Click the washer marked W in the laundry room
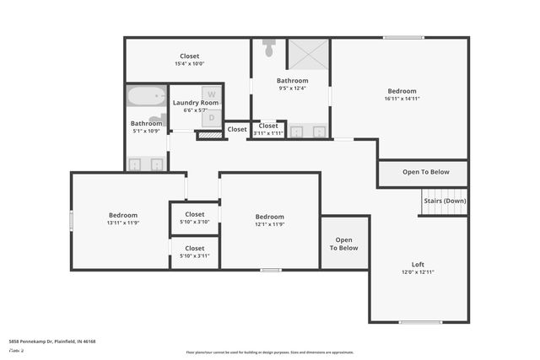(x=212, y=94)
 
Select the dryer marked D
(x=212, y=118)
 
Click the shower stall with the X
(x=308, y=55)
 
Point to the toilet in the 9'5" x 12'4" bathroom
(x=269, y=48)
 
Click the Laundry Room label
(x=196, y=103)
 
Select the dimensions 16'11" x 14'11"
(x=402, y=99)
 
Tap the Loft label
(x=418, y=264)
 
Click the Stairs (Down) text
(x=444, y=201)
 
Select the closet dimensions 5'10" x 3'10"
(x=194, y=222)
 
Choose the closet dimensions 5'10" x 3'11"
(x=194, y=256)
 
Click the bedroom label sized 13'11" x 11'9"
(x=122, y=223)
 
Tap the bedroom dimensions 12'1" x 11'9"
(x=269, y=224)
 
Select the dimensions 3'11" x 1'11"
(x=268, y=133)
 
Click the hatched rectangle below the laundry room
(x=208, y=135)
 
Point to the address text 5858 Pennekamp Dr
(x=52, y=341)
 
